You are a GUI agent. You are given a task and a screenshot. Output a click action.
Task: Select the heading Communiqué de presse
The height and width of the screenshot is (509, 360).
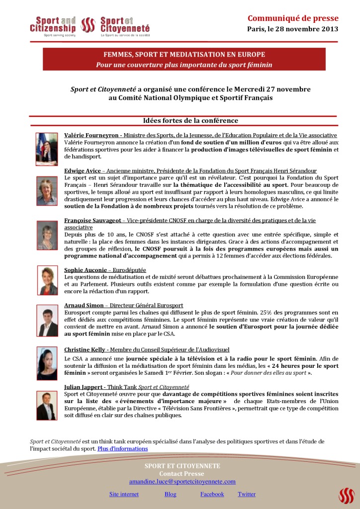point(293,18)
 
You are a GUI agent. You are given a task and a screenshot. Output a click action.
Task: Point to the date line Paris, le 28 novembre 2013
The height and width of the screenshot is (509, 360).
point(292,29)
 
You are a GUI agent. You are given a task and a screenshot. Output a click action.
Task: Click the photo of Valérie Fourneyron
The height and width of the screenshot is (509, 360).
point(46,149)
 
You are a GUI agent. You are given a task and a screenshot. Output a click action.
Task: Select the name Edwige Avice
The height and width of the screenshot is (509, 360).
point(82,170)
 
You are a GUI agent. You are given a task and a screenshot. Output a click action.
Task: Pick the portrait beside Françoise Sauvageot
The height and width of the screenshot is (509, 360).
point(47,235)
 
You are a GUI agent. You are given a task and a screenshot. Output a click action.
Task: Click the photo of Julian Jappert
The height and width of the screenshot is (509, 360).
point(46,405)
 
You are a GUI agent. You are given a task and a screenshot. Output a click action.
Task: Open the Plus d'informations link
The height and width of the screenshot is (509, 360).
point(122,448)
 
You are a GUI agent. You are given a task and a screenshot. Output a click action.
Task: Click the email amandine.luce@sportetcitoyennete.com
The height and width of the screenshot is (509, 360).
point(182,481)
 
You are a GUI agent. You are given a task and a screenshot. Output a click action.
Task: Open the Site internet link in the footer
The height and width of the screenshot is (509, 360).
point(124,494)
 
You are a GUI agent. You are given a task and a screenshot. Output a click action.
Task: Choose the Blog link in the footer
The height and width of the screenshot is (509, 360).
point(171,494)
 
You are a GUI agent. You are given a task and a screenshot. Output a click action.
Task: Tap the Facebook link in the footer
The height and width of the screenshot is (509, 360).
point(212,494)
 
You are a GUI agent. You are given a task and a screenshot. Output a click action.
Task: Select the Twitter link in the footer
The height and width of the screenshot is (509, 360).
point(247,494)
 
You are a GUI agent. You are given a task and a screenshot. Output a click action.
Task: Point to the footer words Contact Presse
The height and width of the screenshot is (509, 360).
point(181,474)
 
